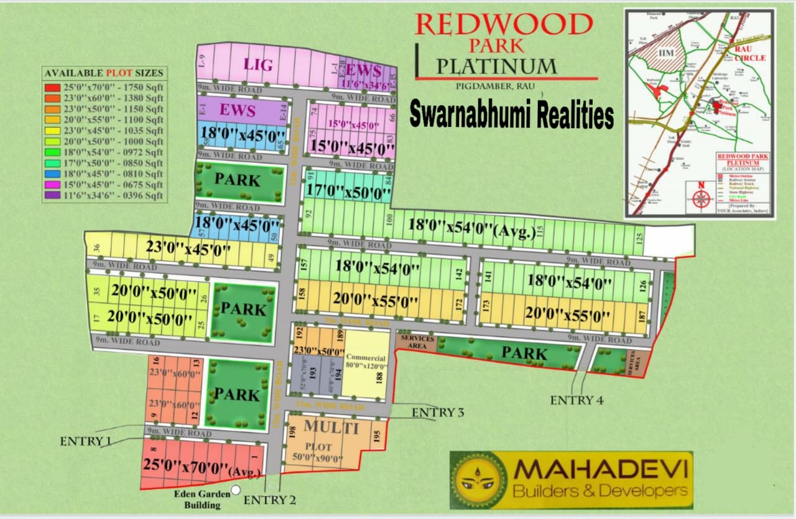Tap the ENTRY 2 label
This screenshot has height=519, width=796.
click(x=270, y=499)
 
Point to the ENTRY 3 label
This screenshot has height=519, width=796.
click(x=438, y=412)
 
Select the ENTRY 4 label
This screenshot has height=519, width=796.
click(x=576, y=400)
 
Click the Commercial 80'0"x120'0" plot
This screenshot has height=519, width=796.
click(x=366, y=363)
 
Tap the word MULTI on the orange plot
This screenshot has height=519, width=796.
click(x=331, y=428)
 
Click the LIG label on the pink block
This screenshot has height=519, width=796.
click(x=259, y=64)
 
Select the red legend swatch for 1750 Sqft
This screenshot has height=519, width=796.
click(x=52, y=86)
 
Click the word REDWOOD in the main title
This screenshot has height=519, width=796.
click(x=504, y=24)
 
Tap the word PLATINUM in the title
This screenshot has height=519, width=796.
click(x=496, y=65)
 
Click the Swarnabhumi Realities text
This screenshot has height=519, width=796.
click(x=511, y=115)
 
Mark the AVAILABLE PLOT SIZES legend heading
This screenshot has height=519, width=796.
click(x=104, y=73)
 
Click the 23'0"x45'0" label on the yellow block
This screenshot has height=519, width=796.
click(x=188, y=248)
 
